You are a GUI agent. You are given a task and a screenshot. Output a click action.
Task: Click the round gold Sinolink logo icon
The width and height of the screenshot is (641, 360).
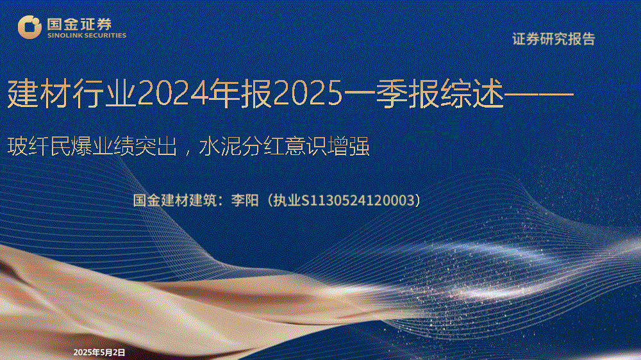coord(29,27)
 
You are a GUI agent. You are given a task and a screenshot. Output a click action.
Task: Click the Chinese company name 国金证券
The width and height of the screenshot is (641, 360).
coord(79,24)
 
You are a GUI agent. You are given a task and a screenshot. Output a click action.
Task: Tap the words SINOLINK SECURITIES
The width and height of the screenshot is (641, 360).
coord(87,35)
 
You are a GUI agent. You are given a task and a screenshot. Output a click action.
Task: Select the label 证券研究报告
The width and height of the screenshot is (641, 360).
coord(554,39)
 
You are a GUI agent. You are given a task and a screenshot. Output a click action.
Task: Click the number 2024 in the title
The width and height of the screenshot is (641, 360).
coord(172,94)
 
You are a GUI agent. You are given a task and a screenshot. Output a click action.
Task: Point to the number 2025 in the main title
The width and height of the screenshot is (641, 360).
coord(308,94)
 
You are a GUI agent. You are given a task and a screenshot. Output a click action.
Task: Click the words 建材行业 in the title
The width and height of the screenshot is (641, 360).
coord(72,94)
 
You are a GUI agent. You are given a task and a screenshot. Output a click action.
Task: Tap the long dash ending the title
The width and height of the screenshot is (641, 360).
coord(539,94)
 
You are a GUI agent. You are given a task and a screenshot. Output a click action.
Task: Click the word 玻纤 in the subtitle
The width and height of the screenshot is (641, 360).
coord(28,147)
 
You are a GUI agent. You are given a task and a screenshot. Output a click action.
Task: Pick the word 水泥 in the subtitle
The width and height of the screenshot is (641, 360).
coord(220,147)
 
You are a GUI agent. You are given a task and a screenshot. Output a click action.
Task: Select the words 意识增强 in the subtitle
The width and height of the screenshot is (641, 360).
coord(327,147)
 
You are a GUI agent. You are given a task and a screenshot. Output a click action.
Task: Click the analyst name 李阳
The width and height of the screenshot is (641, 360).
coord(244,200)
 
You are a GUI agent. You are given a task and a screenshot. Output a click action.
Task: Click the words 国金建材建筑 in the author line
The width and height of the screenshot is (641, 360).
coord(174,200)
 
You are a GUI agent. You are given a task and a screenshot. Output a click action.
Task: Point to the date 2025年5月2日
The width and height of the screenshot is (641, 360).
coord(99,352)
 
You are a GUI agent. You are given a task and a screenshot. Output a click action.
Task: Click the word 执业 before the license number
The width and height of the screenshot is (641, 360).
coord(287,200)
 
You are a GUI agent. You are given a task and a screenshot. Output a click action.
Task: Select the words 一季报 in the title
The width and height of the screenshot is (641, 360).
coord(391,94)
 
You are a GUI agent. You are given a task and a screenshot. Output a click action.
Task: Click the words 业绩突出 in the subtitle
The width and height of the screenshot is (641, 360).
coord(135,147)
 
